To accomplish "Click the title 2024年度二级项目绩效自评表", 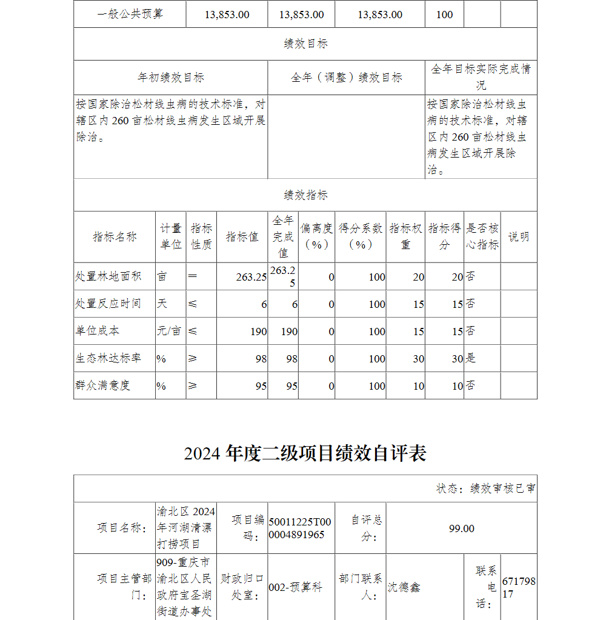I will tap(305, 453).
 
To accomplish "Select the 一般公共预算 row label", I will tap(130, 15).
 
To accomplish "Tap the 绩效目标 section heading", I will tap(305, 44).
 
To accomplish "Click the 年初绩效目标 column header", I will tap(170, 78).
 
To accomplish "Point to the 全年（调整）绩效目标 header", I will tap(346, 78).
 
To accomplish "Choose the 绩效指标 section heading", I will tap(305, 195).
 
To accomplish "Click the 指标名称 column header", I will tap(115, 237).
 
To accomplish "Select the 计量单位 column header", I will tap(170, 237).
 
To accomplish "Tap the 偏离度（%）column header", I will tap(316, 237).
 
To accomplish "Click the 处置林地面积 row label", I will tap(108, 276).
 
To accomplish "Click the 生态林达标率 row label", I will tap(108, 359).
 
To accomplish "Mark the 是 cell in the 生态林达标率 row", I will tap(471, 359).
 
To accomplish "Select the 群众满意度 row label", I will tap(103, 385).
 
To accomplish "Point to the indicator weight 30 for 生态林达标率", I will tap(418, 359).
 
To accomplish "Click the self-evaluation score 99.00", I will tap(461, 528).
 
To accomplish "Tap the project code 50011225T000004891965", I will tap(300, 528).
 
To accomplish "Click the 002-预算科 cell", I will tap(295, 587).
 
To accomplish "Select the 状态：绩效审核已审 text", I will tap(485, 488).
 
